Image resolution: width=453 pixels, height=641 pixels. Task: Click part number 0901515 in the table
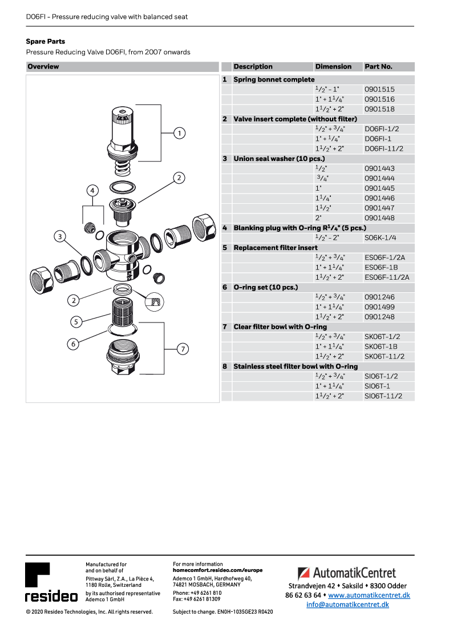[379, 90]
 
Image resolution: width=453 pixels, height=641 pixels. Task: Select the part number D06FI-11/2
[384, 149]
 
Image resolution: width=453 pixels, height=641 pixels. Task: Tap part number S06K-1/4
[381, 238]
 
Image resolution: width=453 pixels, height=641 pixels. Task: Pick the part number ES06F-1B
[381, 268]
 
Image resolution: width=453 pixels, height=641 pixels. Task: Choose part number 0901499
[379, 307]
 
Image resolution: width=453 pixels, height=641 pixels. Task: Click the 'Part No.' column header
[378, 67]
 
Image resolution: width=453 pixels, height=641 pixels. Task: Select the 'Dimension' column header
[333, 67]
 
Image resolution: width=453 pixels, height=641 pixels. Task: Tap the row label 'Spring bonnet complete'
[274, 80]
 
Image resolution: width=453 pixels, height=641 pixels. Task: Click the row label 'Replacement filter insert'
[276, 248]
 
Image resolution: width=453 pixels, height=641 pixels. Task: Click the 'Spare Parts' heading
[46, 42]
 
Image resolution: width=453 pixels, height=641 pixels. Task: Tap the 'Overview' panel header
[43, 67]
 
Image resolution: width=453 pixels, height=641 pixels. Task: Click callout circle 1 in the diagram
[179, 134]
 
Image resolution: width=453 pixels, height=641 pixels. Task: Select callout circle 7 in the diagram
[182, 349]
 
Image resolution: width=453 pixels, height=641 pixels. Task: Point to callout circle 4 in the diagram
[93, 190]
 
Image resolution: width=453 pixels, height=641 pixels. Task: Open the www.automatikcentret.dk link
[369, 595]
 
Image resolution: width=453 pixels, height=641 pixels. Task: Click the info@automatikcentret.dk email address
[347, 604]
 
